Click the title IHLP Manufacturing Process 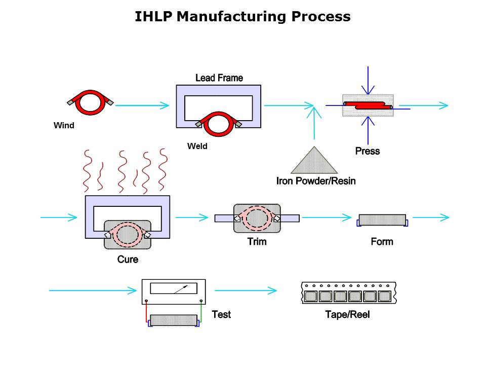(242, 17)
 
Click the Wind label (64, 125)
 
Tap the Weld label (197, 146)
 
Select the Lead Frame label (219, 78)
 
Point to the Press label (367, 151)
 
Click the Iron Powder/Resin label (315, 180)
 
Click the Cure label (127, 259)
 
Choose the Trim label (257, 241)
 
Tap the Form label (382, 241)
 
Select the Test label (221, 314)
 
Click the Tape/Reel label (347, 315)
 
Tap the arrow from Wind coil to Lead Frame (142, 105)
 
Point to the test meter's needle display (173, 288)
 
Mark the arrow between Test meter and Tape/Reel (246, 290)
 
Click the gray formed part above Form (382, 220)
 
